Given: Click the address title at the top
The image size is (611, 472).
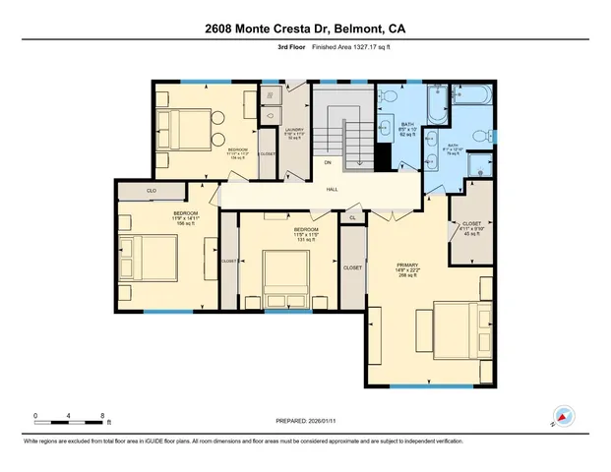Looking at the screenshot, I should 305,29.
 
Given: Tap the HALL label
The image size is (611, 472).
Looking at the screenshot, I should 333,189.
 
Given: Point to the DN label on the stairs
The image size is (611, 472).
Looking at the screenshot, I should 328,161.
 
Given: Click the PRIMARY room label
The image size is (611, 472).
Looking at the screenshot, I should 407,265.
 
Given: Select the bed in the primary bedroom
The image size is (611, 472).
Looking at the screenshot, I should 448,329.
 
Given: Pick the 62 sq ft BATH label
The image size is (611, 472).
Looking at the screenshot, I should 407,128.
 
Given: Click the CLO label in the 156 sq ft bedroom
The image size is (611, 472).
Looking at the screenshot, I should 152,191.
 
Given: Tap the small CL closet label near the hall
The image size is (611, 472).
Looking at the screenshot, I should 352,218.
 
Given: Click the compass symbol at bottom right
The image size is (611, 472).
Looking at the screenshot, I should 562,415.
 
